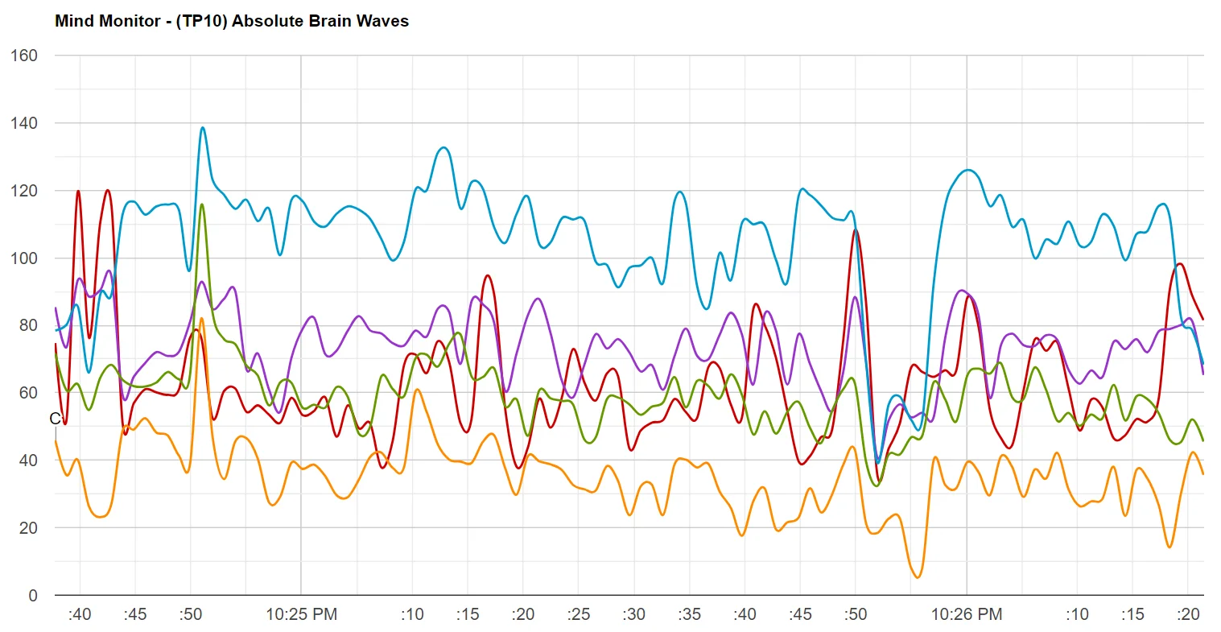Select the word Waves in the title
click(385, 22)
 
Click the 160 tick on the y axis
click(23, 56)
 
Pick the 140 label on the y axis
click(23, 123)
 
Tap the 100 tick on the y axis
click(23, 258)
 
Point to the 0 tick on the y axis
click(32, 596)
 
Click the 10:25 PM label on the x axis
click(301, 615)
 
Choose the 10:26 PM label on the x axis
click(967, 615)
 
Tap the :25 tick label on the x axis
click(578, 615)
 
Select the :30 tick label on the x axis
click(633, 615)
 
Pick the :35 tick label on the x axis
click(689, 615)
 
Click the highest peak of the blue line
click(202, 127)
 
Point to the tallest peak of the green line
click(202, 204)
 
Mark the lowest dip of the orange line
click(918, 577)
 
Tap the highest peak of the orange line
click(202, 318)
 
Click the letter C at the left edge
click(55, 419)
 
